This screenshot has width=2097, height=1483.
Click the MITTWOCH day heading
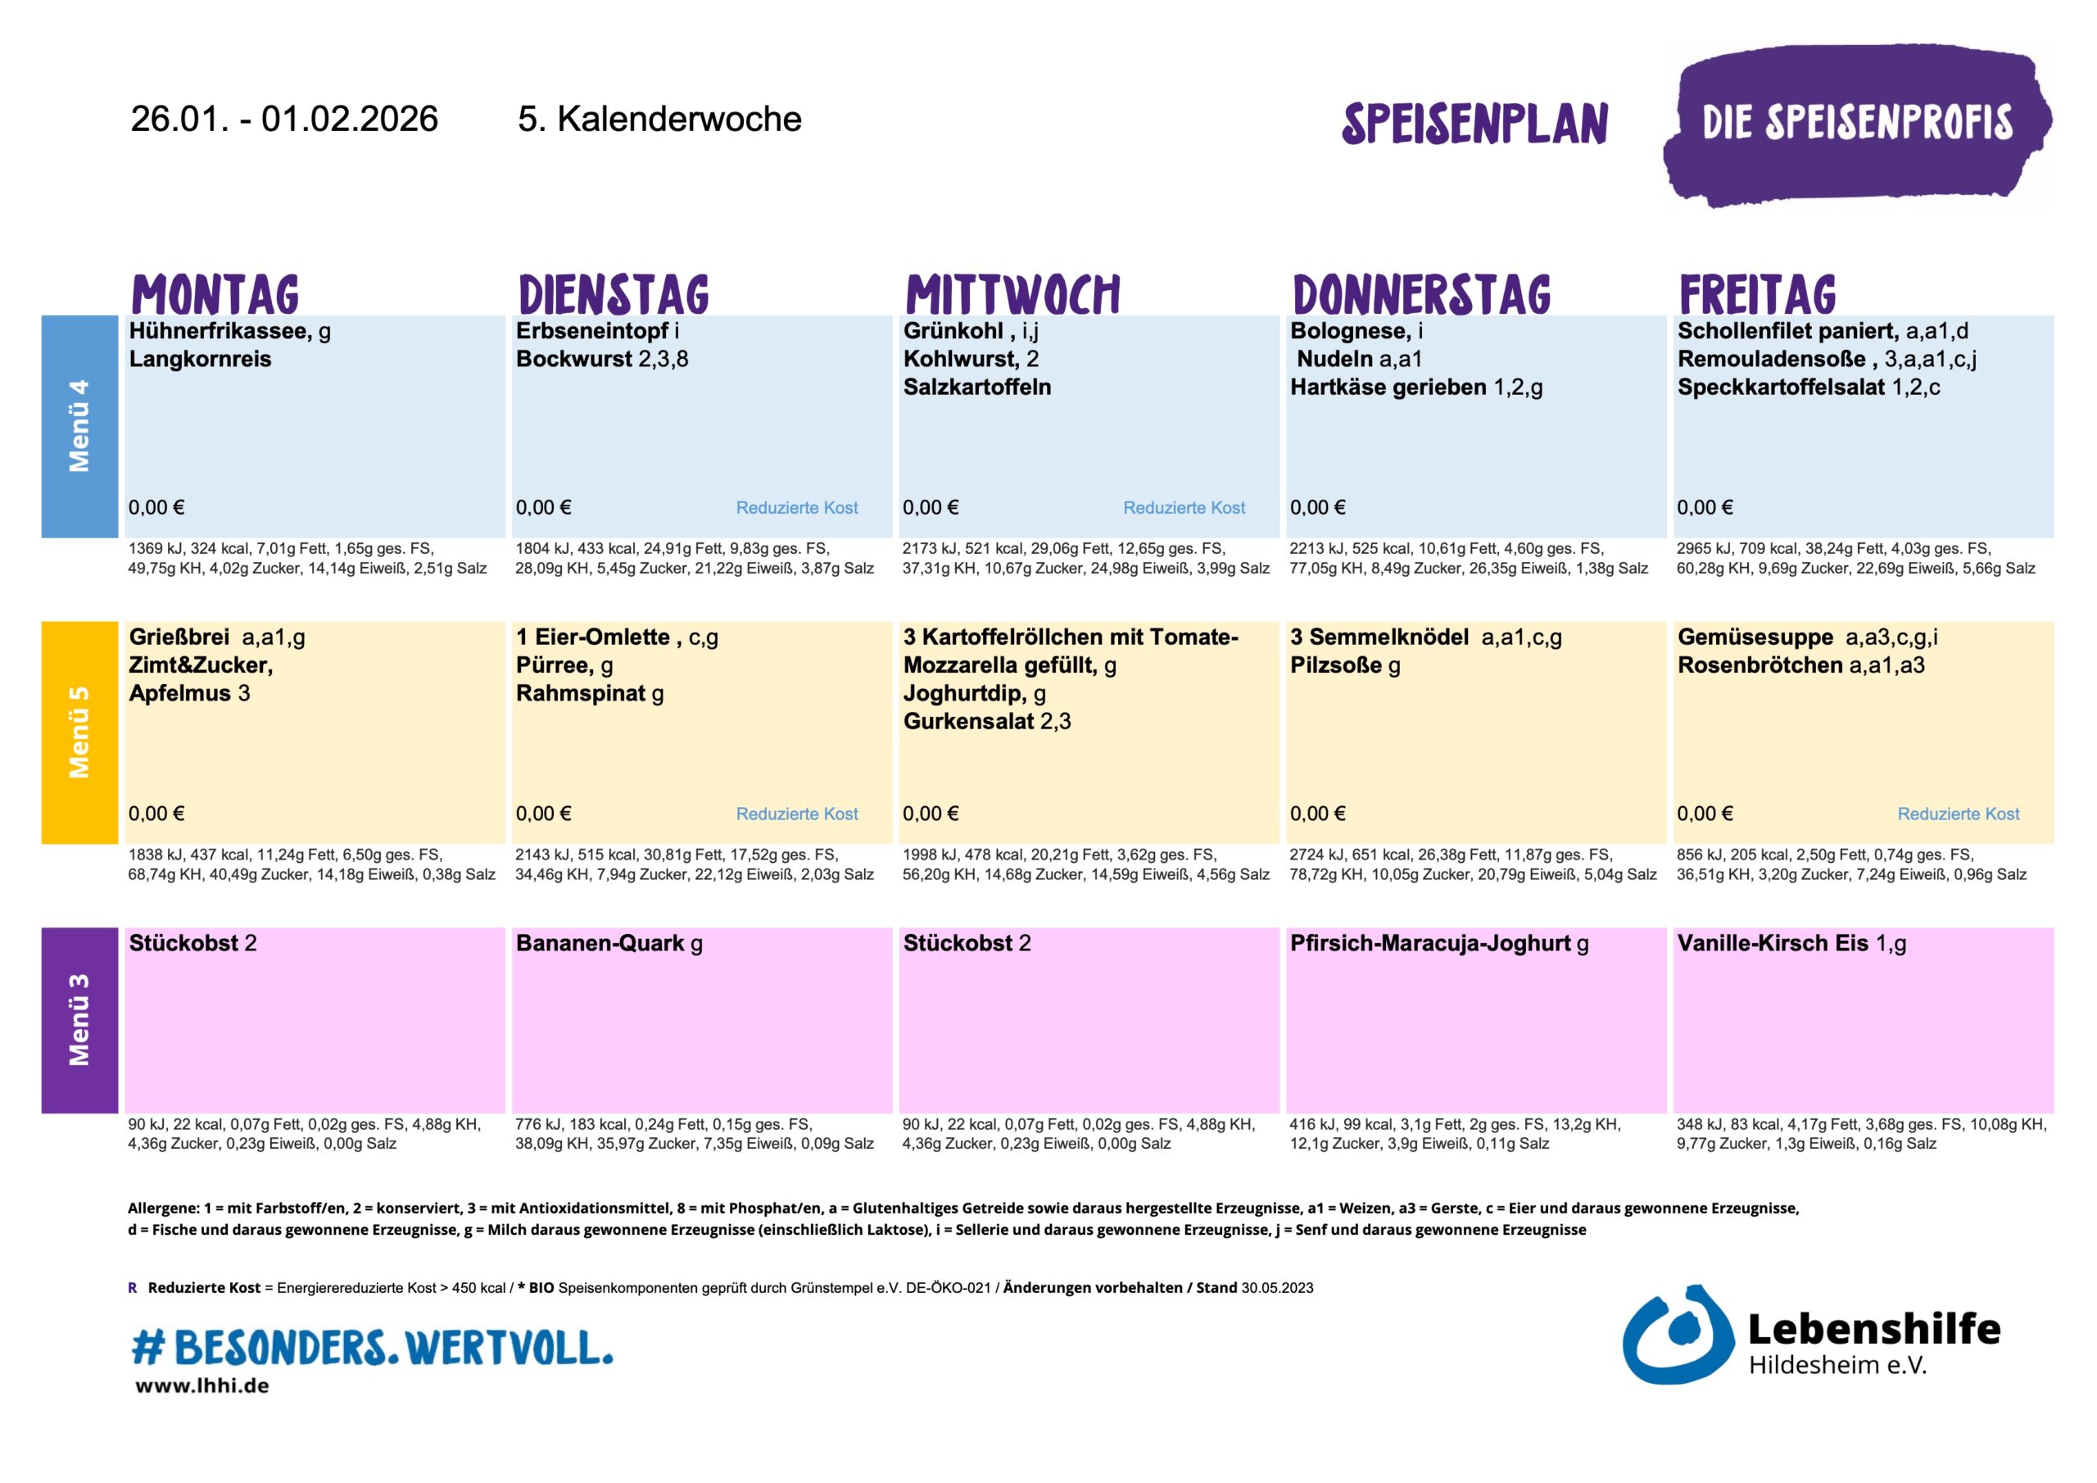click(1012, 294)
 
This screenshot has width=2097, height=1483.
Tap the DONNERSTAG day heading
click(1421, 294)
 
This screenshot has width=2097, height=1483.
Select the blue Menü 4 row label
click(79, 426)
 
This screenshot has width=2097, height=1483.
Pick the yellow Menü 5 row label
click(79, 732)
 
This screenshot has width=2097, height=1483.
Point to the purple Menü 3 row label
click(79, 1020)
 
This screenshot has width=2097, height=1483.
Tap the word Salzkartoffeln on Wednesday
click(976, 388)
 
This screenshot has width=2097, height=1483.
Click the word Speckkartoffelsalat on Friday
click(1780, 388)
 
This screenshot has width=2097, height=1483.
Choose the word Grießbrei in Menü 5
click(179, 637)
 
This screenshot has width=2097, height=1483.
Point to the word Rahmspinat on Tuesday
click(580, 693)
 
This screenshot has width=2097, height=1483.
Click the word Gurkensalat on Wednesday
click(967, 722)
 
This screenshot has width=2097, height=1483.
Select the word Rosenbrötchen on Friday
click(1759, 665)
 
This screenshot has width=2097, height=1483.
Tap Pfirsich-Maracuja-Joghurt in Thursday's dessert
click(1429, 943)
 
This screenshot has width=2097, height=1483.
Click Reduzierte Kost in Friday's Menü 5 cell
click(1959, 814)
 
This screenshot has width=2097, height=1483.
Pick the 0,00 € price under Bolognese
click(1316, 508)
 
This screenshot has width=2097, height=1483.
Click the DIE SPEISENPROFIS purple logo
click(1857, 124)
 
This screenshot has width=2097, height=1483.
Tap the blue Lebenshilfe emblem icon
click(1677, 1336)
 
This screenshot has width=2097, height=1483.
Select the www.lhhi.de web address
click(202, 1386)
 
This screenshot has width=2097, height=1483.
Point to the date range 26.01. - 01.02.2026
click(284, 120)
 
